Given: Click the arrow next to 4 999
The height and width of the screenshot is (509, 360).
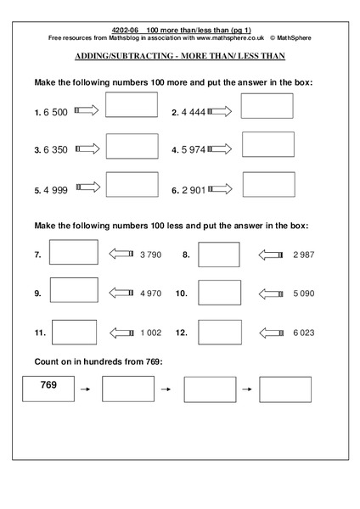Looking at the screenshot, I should click(x=87, y=189).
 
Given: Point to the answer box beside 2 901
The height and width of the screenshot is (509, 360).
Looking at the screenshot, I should click(x=268, y=185).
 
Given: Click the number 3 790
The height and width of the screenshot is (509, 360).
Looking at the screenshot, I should click(x=150, y=254).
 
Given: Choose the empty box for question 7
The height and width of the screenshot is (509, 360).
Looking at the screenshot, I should click(x=75, y=253).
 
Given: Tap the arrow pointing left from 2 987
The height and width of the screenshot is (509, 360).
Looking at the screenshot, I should click(x=272, y=254).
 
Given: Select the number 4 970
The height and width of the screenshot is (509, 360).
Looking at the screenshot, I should click(x=150, y=294).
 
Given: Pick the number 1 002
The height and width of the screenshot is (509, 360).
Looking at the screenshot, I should click(x=150, y=333).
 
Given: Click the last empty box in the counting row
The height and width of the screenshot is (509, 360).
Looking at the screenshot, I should click(x=285, y=389).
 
